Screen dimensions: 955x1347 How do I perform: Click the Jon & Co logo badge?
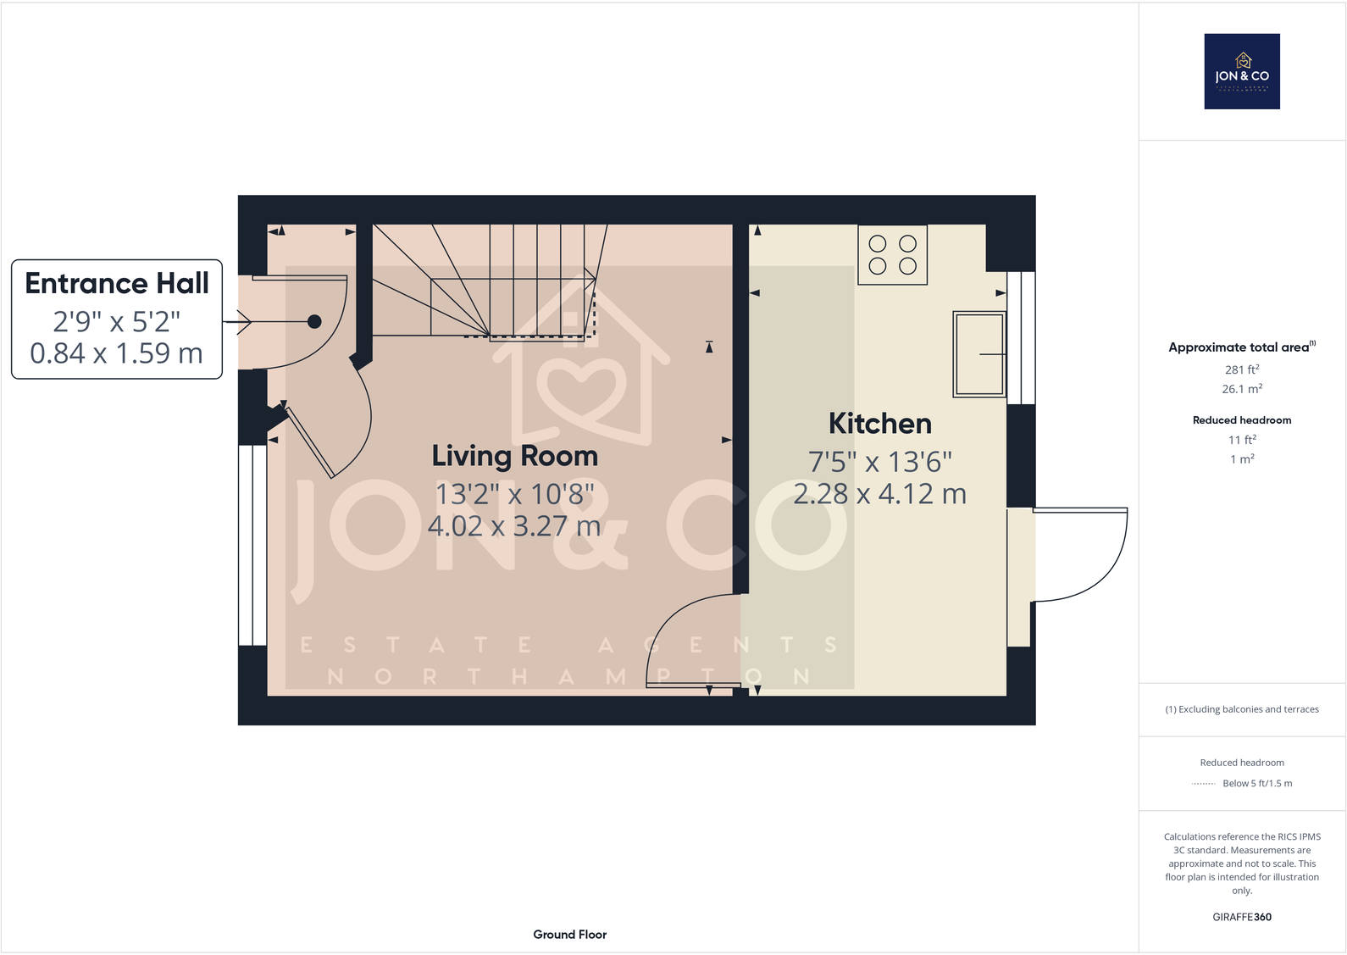point(1241,71)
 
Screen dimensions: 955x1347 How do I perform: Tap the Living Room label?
point(514,456)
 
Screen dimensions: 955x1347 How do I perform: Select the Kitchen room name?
point(879,424)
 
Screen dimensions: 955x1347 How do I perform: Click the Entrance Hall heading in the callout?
point(117,283)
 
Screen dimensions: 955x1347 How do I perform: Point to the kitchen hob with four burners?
point(892,254)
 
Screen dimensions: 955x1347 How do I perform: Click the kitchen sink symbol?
point(979,354)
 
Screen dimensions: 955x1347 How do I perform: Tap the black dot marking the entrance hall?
point(314,321)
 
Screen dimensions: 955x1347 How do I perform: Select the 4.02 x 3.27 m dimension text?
point(514,526)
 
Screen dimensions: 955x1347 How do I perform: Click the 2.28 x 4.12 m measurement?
point(879,494)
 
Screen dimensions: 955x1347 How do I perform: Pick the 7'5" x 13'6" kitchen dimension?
point(879,462)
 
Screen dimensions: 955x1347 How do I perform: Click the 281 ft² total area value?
point(1241,369)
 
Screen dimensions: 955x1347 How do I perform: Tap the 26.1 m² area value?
point(1241,389)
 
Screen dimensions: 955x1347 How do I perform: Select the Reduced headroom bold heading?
point(1241,420)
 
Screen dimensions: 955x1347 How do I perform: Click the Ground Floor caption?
point(569,935)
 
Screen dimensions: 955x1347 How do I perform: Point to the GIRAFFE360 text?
point(1241,917)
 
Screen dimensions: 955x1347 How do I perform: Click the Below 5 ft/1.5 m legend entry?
point(1256,783)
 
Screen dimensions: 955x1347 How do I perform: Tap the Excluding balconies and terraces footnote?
point(1241,709)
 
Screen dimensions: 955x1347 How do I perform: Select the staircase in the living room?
point(508,280)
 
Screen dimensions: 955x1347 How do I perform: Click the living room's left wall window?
point(252,545)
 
